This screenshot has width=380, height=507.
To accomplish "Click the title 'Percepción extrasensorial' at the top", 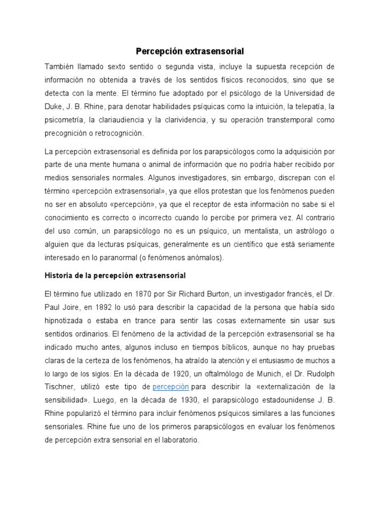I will coord(190,51).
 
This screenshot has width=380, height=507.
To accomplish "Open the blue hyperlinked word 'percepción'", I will coord(171,386).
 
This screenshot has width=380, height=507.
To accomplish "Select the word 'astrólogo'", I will coord(310,231).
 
